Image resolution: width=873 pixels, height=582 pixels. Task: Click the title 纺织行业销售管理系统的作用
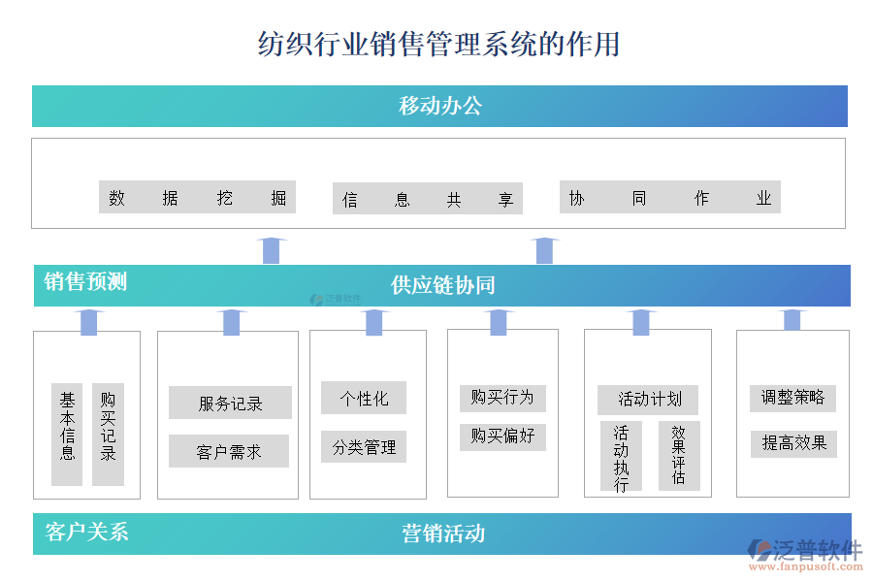[x=438, y=45]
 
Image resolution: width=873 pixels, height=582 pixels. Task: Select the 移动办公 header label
[x=439, y=106]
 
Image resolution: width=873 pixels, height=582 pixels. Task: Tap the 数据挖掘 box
[x=197, y=198]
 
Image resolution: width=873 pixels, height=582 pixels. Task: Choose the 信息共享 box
[x=427, y=199]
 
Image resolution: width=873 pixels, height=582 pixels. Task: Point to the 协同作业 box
[x=669, y=198]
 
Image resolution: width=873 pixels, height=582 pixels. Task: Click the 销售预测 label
[x=85, y=282]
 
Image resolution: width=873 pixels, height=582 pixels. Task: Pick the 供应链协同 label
[x=442, y=285]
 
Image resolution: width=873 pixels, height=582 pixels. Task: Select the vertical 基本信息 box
[x=67, y=434]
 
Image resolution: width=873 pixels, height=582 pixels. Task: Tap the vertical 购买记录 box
[x=108, y=434]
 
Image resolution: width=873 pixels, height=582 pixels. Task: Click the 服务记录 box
[x=230, y=404]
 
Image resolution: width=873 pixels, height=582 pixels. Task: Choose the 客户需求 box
[x=229, y=451]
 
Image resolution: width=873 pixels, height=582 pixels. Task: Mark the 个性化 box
[x=364, y=399]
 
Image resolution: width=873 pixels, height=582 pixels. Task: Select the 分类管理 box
[x=364, y=447]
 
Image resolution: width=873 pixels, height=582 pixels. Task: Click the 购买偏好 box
[x=502, y=436]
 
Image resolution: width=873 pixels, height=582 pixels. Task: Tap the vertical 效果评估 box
[x=678, y=456]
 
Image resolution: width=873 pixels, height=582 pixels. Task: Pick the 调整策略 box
[x=792, y=397]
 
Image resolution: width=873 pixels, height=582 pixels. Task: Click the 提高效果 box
[x=793, y=443]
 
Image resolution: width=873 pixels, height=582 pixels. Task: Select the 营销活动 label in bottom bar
[x=443, y=533]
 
